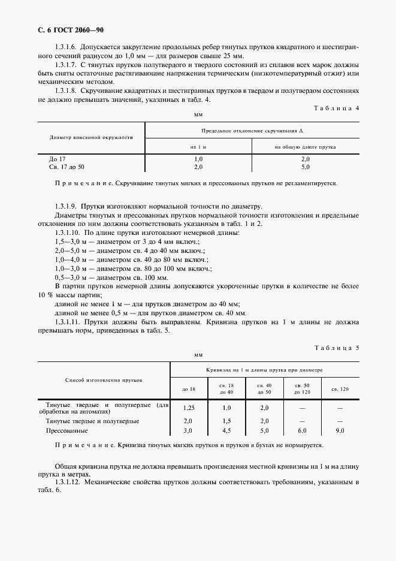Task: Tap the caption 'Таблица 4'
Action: (336, 108)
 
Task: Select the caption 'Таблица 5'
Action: (336, 348)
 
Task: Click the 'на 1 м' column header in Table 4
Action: (198, 146)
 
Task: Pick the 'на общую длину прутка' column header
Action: (305, 146)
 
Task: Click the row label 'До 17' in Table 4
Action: (57, 159)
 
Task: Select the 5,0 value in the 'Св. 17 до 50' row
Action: (305, 167)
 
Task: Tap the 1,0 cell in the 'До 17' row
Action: (198, 159)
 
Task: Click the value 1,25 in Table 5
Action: (188, 408)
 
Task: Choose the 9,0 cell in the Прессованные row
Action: (340, 430)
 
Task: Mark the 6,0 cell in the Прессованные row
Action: (302, 430)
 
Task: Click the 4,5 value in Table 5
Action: (226, 430)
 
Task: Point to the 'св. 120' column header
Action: (340, 388)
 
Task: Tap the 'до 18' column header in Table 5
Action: (188, 388)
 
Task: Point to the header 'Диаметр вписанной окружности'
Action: (91, 137)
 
